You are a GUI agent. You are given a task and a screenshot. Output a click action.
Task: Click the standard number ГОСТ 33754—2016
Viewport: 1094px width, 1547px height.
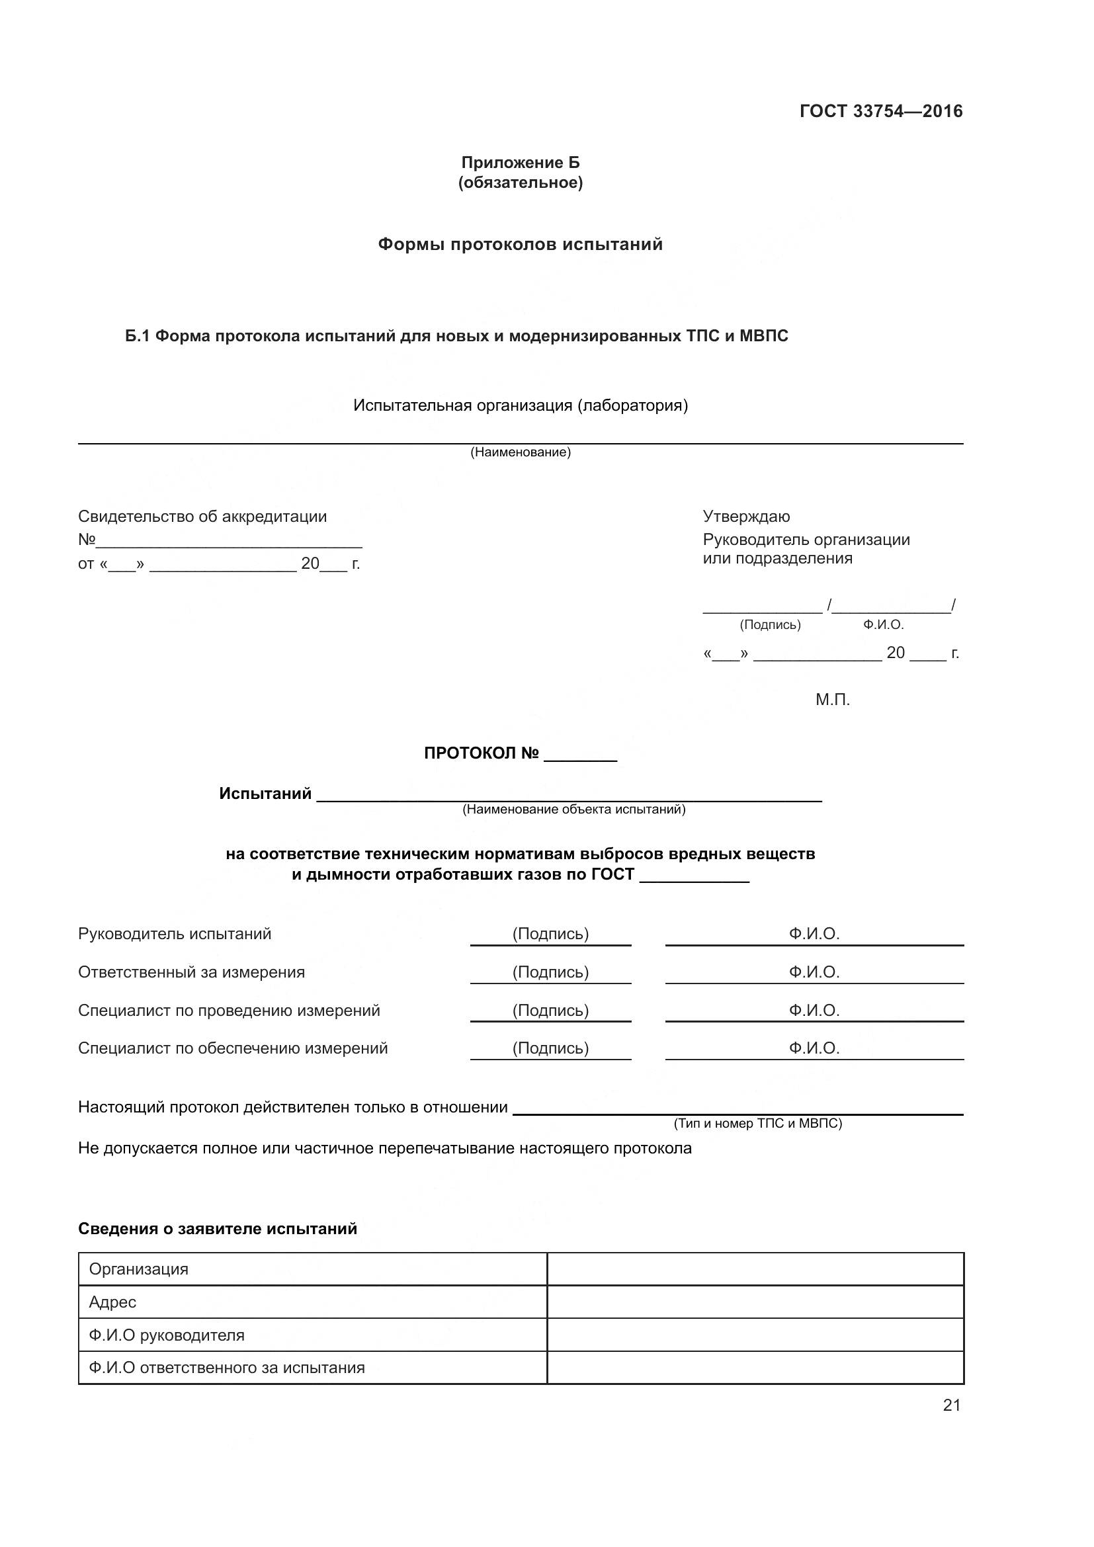pyautogui.click(x=880, y=111)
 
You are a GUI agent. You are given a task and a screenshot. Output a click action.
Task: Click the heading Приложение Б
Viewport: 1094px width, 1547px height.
pyautogui.click(x=520, y=163)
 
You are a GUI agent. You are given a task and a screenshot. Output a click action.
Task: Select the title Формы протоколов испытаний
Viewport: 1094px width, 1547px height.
pyautogui.click(x=520, y=244)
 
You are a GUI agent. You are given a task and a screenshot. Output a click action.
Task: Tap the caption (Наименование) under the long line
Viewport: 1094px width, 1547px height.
pyautogui.click(x=520, y=452)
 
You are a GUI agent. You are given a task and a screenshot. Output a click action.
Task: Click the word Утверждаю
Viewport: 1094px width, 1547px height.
pyautogui.click(x=746, y=517)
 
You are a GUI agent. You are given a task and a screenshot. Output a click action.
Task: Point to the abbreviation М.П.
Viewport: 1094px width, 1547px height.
pyautogui.click(x=833, y=700)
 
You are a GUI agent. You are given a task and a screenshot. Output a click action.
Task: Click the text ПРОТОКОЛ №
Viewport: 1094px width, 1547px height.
pyautogui.click(x=481, y=753)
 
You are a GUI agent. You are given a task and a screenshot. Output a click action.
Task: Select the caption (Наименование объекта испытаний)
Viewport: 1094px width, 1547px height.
pyautogui.click(x=573, y=809)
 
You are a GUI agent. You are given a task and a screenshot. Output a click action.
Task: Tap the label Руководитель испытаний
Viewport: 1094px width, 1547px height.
pyautogui.click(x=175, y=934)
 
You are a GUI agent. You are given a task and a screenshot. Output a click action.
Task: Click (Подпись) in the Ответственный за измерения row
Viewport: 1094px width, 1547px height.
pyautogui.click(x=550, y=972)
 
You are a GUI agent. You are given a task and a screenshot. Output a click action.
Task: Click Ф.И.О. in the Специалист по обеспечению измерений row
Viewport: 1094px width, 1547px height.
pyautogui.click(x=814, y=1048)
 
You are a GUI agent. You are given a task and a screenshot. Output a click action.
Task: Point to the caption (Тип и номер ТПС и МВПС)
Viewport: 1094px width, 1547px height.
pyautogui.click(x=758, y=1123)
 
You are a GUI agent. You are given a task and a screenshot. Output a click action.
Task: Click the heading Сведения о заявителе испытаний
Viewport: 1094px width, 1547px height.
pyautogui.click(x=218, y=1229)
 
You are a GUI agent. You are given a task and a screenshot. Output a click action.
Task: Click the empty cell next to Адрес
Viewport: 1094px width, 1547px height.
pyautogui.click(x=755, y=1302)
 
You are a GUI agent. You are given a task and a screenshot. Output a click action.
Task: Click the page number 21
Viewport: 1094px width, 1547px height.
pyautogui.click(x=951, y=1405)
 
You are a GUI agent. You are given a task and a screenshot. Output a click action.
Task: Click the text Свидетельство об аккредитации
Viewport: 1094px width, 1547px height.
pyautogui.click(x=202, y=517)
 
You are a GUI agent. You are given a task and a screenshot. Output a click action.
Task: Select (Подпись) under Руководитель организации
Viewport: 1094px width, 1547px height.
pyautogui.click(x=770, y=624)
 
